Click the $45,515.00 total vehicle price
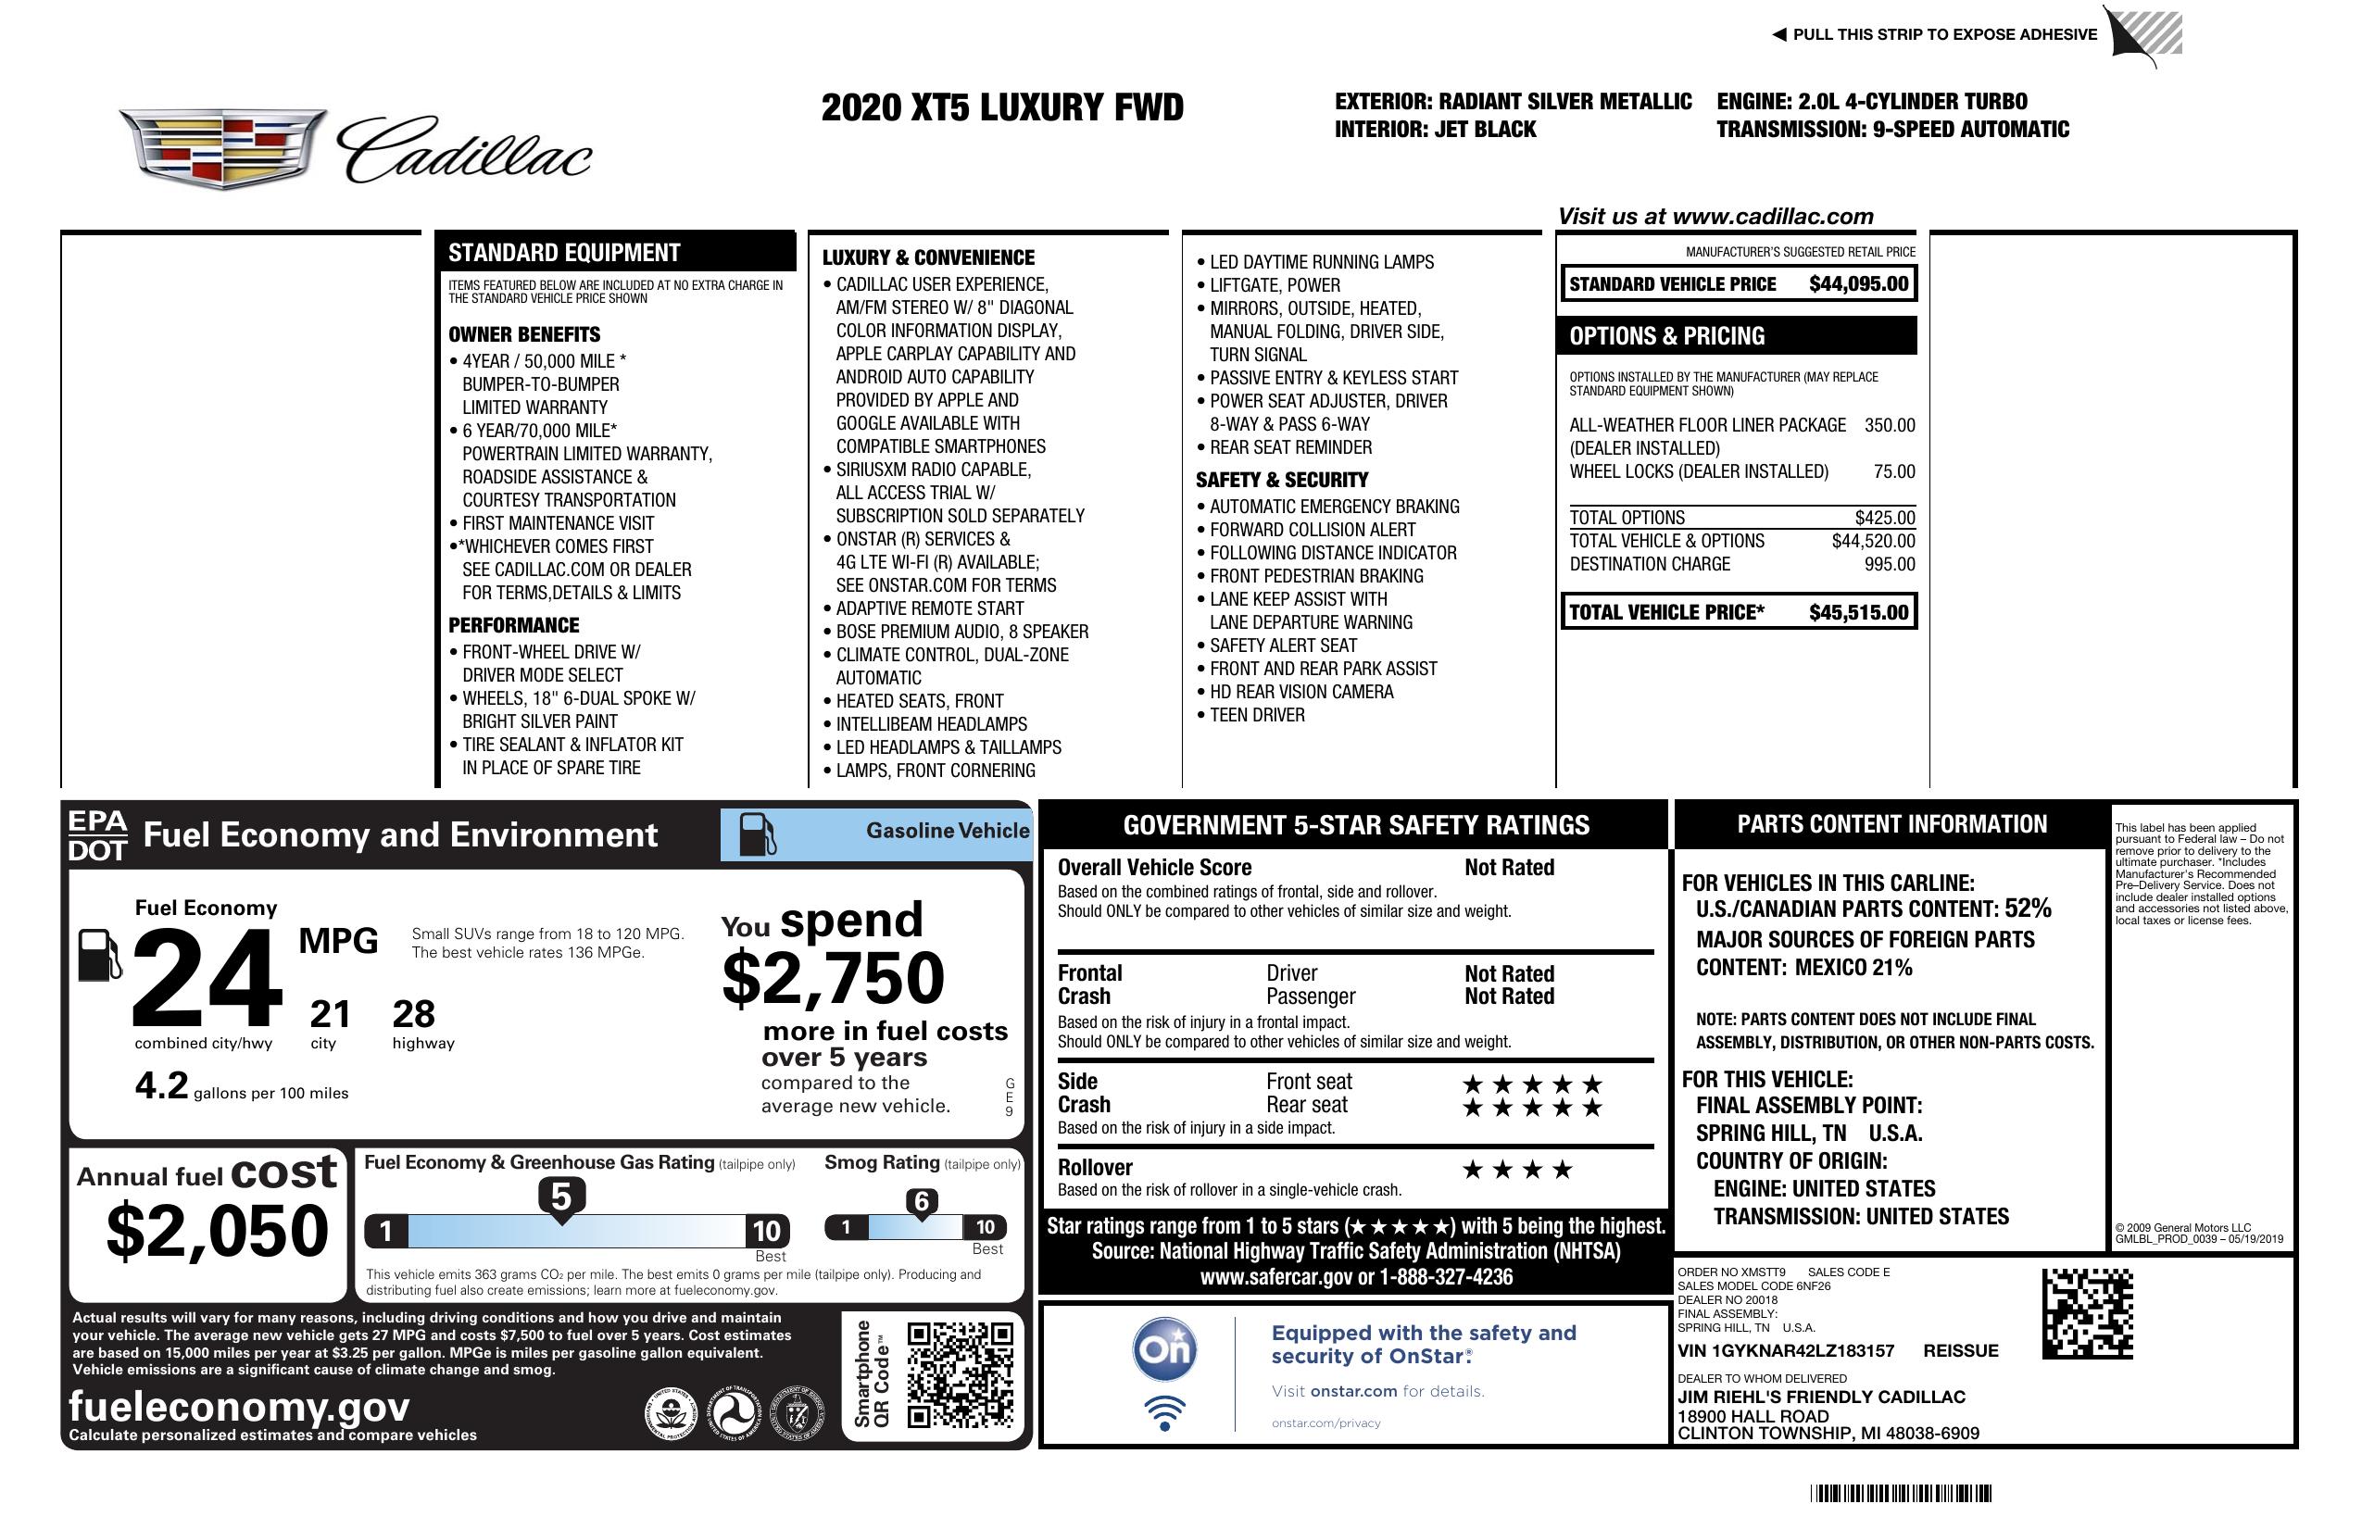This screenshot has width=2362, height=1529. point(1858,612)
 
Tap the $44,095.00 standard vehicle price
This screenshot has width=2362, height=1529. point(1858,283)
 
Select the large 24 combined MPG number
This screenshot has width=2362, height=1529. point(207,977)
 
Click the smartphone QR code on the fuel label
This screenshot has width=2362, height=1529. point(960,1374)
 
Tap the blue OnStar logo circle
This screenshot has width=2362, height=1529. point(1164,1349)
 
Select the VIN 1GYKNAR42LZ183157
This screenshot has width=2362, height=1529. point(1786,1350)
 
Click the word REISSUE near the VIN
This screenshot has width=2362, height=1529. point(1960,1350)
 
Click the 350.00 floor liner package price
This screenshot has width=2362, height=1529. point(1889,425)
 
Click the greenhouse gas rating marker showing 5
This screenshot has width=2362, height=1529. point(560,1197)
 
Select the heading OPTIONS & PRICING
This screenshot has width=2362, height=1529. point(1666,336)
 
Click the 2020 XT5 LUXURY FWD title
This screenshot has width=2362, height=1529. point(1002,107)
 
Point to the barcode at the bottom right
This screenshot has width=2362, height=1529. point(1901,1493)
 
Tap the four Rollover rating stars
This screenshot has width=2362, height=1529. point(1517,1170)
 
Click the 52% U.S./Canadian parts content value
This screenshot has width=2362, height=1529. point(2027,908)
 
